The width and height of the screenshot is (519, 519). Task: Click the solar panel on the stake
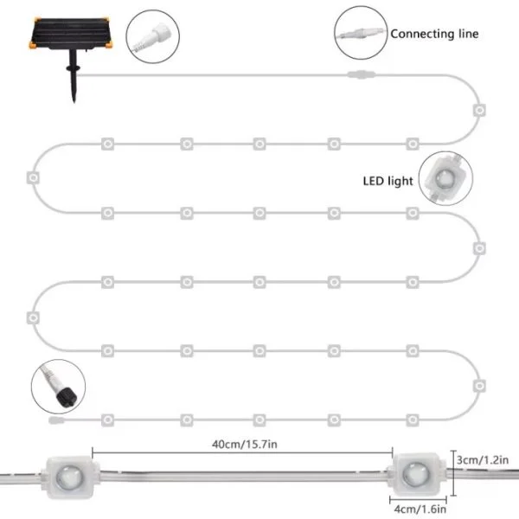click(x=71, y=34)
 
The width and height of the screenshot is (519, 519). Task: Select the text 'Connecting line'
click(x=434, y=34)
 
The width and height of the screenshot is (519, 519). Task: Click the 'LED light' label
click(x=388, y=181)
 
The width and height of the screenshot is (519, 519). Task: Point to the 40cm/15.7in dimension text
click(x=245, y=445)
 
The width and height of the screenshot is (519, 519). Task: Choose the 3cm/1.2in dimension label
click(x=483, y=460)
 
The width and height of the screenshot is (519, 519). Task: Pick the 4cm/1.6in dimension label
click(x=420, y=509)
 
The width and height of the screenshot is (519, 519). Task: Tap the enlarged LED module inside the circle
click(x=445, y=178)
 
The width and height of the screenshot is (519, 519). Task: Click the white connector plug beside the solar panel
click(x=151, y=36)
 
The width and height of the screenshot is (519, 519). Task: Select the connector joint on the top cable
click(x=361, y=74)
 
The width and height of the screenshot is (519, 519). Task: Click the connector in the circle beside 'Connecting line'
click(x=361, y=34)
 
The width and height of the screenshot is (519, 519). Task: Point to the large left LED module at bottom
click(x=70, y=477)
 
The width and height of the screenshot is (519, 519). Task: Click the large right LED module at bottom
click(x=418, y=475)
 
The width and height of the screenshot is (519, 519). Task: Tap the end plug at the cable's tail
click(x=56, y=420)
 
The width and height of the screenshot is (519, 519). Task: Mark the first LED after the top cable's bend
click(x=479, y=110)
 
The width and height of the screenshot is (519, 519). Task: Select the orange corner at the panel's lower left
click(x=33, y=45)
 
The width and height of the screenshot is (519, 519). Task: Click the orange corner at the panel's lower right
click(x=109, y=44)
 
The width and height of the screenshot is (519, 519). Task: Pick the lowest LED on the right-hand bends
click(x=479, y=386)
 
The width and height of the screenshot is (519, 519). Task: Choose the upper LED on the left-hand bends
click(x=33, y=177)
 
